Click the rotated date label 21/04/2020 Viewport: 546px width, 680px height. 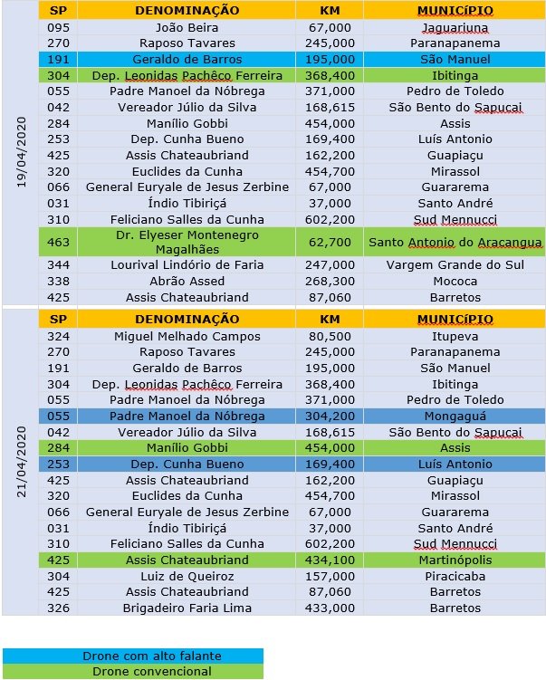[20, 462]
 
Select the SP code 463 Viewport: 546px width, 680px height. [58, 242]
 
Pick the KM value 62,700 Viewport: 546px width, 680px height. [330, 242]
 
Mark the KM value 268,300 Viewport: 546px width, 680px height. [330, 282]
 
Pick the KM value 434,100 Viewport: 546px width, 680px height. [330, 560]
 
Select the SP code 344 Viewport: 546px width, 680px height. [58, 265]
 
